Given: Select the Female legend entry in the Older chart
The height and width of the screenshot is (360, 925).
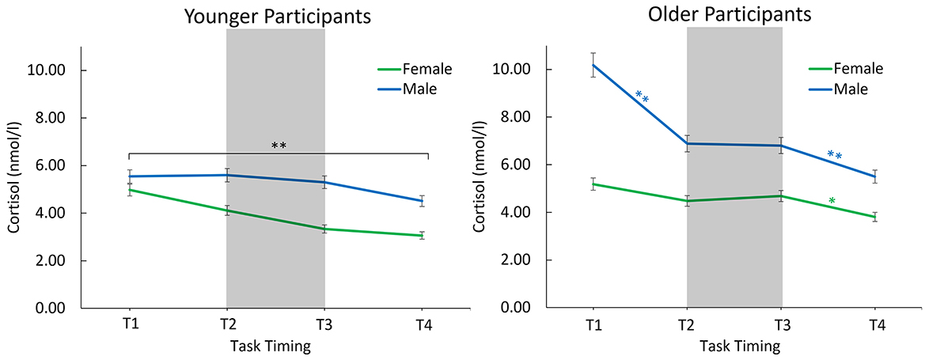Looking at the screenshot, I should tap(846, 69).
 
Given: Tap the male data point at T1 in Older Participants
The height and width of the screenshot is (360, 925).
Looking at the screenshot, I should tap(593, 65).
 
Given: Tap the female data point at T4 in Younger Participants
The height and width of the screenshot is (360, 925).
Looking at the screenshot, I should tap(422, 235).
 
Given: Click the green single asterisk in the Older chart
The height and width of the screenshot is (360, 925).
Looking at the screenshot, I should tap(832, 203).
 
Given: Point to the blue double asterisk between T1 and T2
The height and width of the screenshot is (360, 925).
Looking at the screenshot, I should tap(642, 97).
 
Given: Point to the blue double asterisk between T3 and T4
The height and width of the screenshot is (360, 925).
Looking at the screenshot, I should tap(835, 156).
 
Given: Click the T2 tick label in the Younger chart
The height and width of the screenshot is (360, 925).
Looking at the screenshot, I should tap(226, 325).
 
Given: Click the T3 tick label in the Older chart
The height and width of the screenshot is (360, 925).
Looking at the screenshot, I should tap(782, 325).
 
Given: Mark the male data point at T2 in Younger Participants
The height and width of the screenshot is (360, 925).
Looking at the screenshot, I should tap(226, 175).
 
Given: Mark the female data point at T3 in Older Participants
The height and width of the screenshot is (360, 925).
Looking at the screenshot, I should tap(782, 195).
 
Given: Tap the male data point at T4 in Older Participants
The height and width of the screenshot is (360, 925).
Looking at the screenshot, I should tap(875, 176).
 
